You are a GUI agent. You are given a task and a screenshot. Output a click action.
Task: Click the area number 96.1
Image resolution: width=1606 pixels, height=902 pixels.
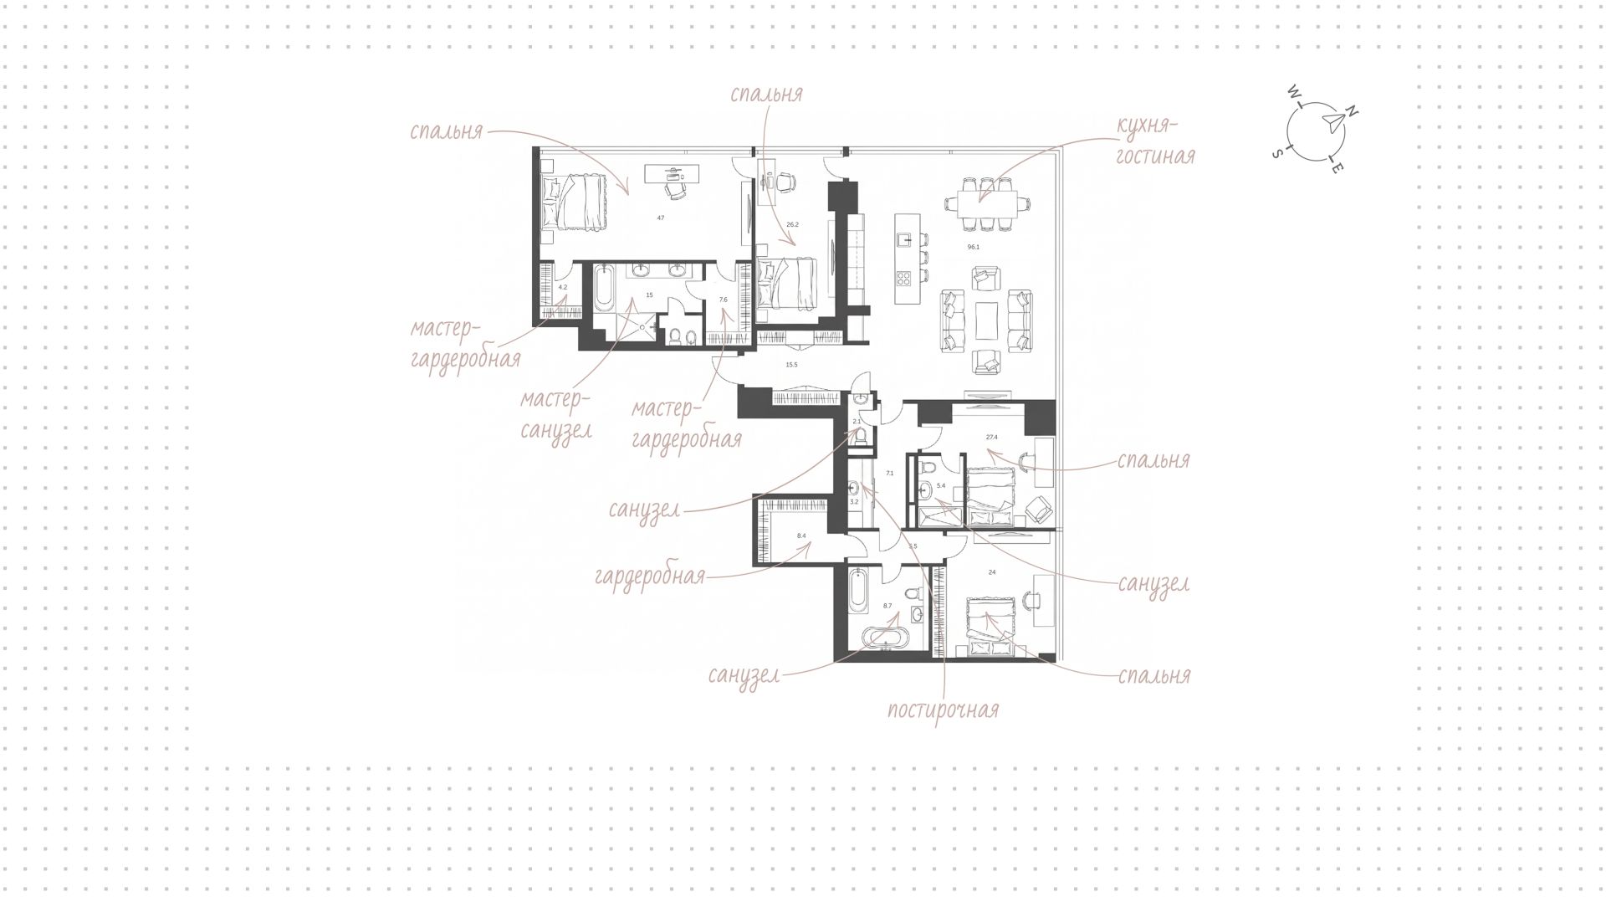pos(973,248)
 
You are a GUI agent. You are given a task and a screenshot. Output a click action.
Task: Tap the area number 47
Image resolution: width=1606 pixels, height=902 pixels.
pos(661,218)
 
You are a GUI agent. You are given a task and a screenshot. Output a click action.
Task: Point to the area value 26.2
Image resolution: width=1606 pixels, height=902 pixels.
pos(793,224)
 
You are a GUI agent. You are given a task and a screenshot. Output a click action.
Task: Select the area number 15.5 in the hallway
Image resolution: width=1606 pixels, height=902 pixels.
pos(791,365)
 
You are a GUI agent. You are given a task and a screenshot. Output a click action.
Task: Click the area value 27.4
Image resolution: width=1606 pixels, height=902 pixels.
pos(992,437)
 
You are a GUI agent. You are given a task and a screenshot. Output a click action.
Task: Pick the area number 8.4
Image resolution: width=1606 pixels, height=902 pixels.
pos(801,536)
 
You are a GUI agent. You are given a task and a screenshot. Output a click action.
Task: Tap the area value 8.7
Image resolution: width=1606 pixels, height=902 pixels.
pos(887,605)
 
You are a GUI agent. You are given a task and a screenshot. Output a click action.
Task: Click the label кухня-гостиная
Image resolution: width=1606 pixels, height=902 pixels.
pos(1156,141)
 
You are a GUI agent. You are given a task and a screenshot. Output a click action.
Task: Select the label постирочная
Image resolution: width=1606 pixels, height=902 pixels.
pos(943,710)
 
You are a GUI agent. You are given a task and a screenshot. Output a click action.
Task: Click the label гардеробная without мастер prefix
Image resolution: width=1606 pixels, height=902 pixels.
pos(650,577)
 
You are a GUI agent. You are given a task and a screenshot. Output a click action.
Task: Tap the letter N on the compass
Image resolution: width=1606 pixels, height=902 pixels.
pos(1352,112)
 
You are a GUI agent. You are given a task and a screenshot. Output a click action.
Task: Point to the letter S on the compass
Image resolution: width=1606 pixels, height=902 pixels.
pos(1276,153)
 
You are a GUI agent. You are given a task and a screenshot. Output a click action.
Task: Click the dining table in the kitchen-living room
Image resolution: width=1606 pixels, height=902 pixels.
pos(982,202)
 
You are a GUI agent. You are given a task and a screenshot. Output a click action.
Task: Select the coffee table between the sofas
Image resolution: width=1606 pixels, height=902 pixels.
pos(986,320)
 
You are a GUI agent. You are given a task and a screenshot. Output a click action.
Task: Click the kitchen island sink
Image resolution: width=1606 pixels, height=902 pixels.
pos(903,240)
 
